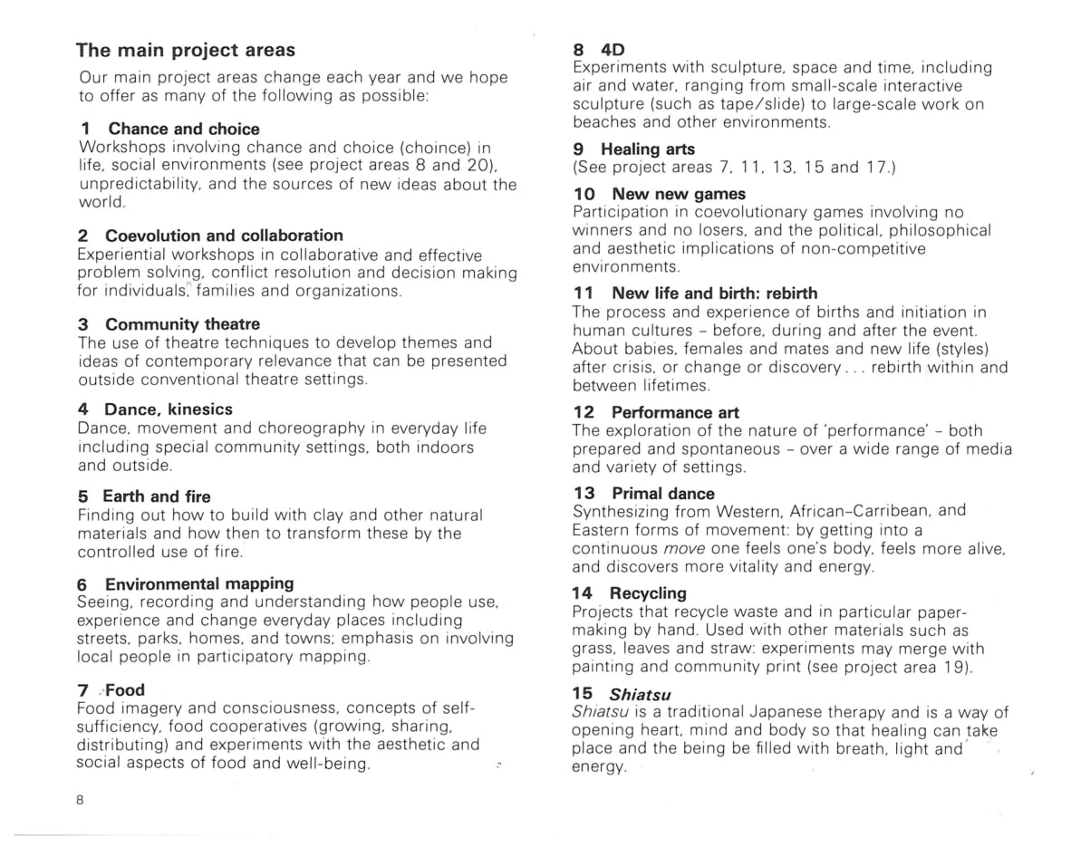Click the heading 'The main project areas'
(x=185, y=50)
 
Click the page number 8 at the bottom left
(x=81, y=799)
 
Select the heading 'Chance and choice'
(x=183, y=129)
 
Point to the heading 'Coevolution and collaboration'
(x=224, y=236)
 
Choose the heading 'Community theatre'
(x=182, y=323)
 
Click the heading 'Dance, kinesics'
(x=168, y=409)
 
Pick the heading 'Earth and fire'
(x=156, y=496)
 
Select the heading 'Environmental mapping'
(x=199, y=583)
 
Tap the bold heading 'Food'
(x=125, y=689)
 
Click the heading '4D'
(x=613, y=49)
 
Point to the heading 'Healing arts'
(x=648, y=149)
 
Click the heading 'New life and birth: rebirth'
(x=714, y=293)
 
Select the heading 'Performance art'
(x=675, y=412)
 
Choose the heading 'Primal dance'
(x=662, y=493)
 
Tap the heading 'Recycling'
(x=648, y=592)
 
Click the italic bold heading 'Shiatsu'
(x=640, y=694)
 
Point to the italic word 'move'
(x=684, y=549)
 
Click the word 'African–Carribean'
(x=854, y=511)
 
